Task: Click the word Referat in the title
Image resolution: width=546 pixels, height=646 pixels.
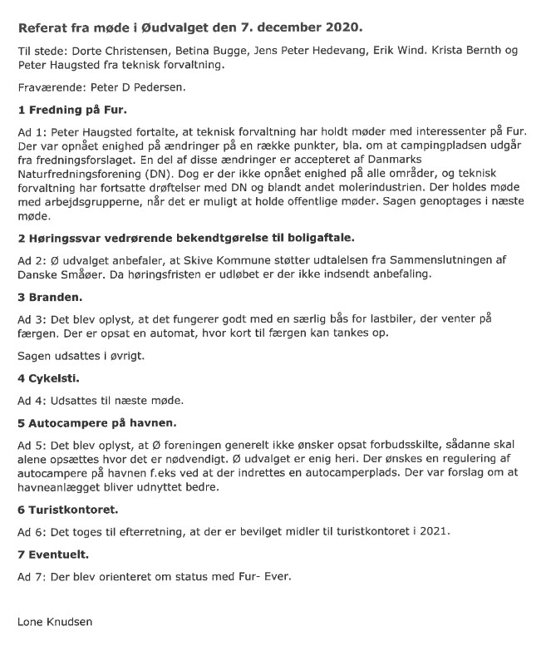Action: click(47, 27)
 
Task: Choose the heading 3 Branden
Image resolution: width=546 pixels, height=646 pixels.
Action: click(51, 296)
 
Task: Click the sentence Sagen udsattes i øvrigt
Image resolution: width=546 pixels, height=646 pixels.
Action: click(78, 355)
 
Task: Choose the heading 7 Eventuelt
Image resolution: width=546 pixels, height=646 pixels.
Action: click(53, 554)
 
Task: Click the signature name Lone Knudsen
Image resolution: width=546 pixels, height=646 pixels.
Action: click(57, 621)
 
